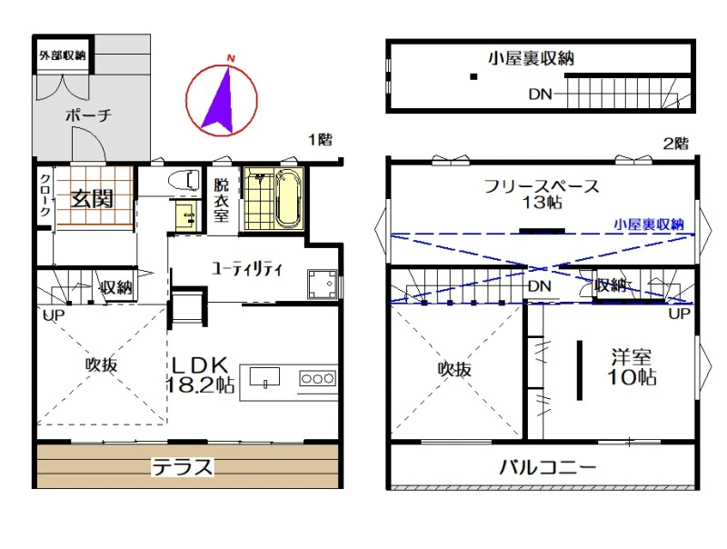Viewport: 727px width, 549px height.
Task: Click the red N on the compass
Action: [x=231, y=58]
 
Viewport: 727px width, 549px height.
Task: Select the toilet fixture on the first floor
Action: [x=184, y=179]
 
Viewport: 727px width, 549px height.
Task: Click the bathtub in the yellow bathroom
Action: [x=288, y=198]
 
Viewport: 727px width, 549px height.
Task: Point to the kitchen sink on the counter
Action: [x=264, y=377]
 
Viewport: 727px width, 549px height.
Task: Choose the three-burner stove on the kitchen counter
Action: [x=317, y=378]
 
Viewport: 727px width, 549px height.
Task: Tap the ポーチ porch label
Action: [x=88, y=115]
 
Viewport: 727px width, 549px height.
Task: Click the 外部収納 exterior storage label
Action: [x=63, y=55]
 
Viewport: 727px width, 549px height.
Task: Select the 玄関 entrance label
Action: [x=93, y=199]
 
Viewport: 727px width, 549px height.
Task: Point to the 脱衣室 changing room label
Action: [x=221, y=200]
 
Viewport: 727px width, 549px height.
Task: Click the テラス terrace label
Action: [x=183, y=467]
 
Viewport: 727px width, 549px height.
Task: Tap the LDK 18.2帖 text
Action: [x=200, y=375]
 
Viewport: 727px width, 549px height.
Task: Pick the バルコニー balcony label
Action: [x=548, y=466]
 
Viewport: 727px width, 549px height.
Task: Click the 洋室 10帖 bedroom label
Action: [x=632, y=367]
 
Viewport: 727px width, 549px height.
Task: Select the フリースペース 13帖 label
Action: [x=542, y=194]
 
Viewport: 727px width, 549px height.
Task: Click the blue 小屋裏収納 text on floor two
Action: [x=649, y=225]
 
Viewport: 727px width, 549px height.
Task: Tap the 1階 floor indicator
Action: [x=321, y=139]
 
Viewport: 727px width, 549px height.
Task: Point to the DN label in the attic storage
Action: [x=540, y=95]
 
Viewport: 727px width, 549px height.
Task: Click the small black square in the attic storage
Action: [x=473, y=76]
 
